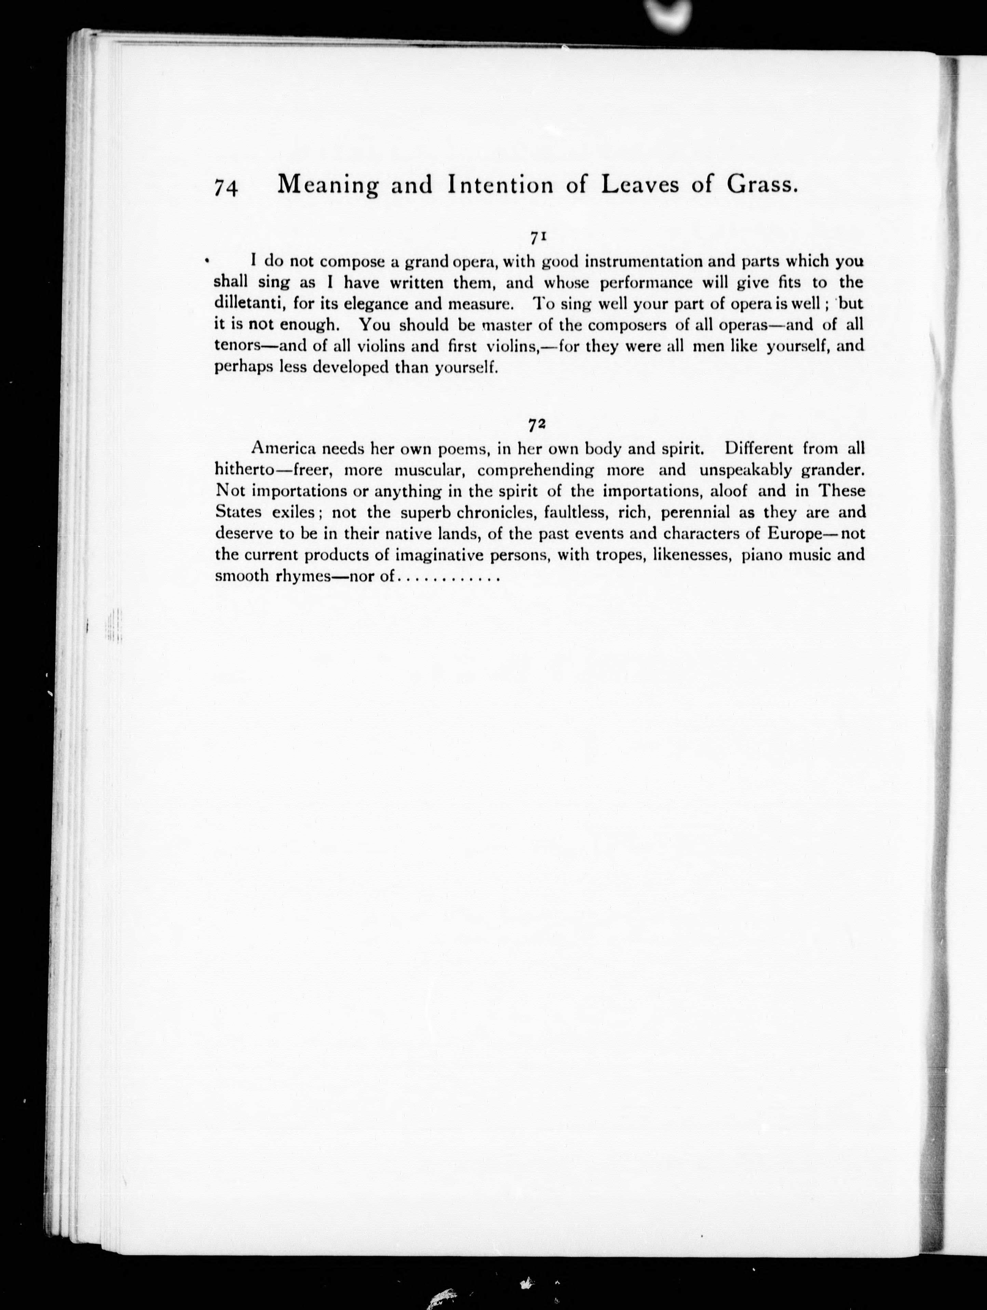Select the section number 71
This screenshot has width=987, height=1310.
(x=538, y=237)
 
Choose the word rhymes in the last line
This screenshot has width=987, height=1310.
(x=302, y=576)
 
